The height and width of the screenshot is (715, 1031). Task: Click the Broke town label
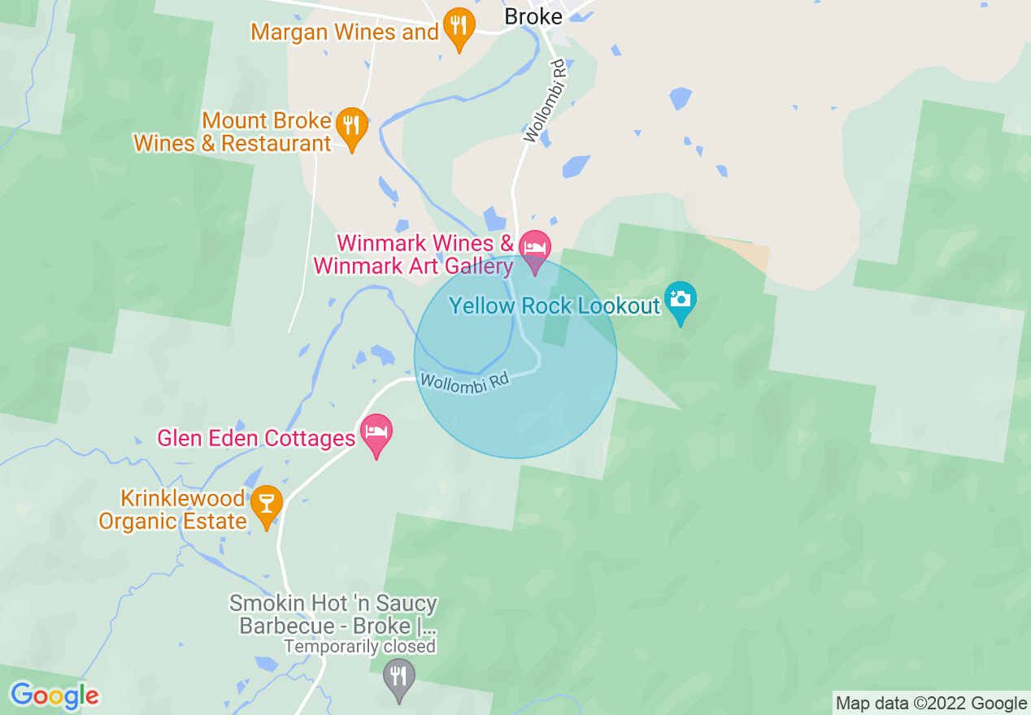coord(533,16)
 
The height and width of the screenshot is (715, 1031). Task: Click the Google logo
coord(54,695)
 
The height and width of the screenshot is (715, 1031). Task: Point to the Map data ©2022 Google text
coord(932,704)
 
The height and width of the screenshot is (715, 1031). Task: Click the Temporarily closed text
coord(359,647)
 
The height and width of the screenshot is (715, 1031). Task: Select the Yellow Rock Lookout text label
coord(555,306)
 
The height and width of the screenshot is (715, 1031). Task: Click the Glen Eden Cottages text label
coord(256,439)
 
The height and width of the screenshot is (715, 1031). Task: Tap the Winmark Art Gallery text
coord(413,266)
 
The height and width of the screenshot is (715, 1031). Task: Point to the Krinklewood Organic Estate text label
coord(172,509)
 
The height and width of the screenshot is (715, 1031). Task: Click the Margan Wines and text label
coord(345,32)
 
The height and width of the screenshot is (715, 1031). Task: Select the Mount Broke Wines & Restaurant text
coord(233,132)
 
